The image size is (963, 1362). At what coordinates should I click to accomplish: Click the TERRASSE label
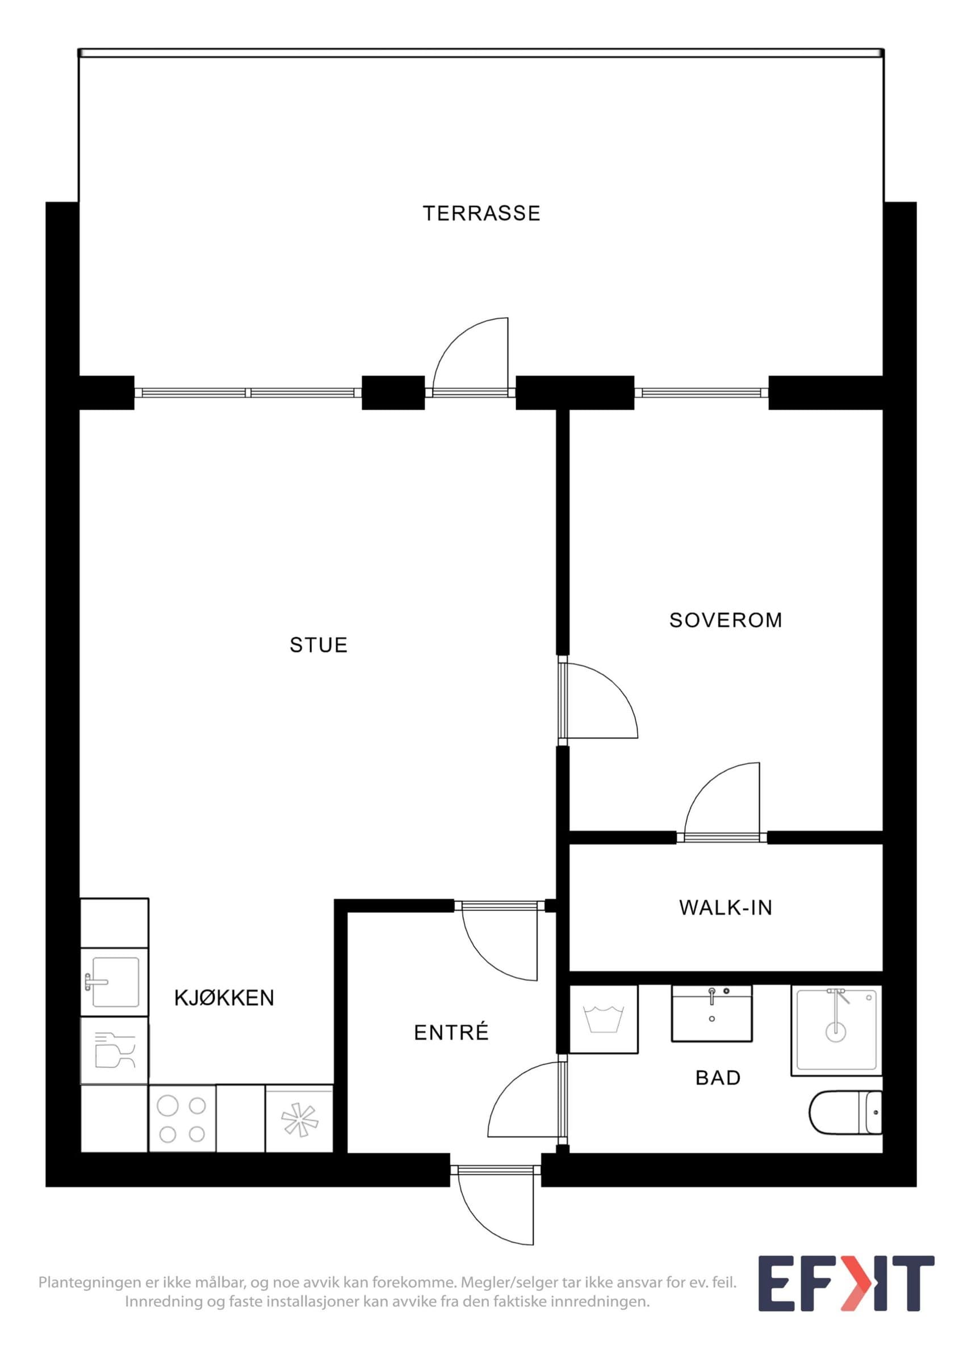[481, 213]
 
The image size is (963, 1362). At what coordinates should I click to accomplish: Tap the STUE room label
[319, 645]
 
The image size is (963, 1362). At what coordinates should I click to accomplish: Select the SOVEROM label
[726, 620]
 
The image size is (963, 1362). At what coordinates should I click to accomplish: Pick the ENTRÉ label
[451, 1032]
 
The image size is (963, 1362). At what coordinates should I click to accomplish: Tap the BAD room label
[718, 1078]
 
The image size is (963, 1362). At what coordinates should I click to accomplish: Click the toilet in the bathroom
[845, 1112]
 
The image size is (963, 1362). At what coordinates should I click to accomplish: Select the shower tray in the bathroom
[836, 1031]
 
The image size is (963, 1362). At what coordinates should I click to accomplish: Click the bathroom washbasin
[711, 1013]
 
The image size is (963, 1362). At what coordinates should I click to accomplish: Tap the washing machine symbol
[604, 1019]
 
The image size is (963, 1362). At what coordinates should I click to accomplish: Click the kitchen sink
[115, 982]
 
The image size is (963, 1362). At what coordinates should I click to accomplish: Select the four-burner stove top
[182, 1119]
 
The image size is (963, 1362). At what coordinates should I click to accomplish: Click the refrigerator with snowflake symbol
[299, 1119]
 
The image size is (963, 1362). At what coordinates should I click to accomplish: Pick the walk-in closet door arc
[706, 783]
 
